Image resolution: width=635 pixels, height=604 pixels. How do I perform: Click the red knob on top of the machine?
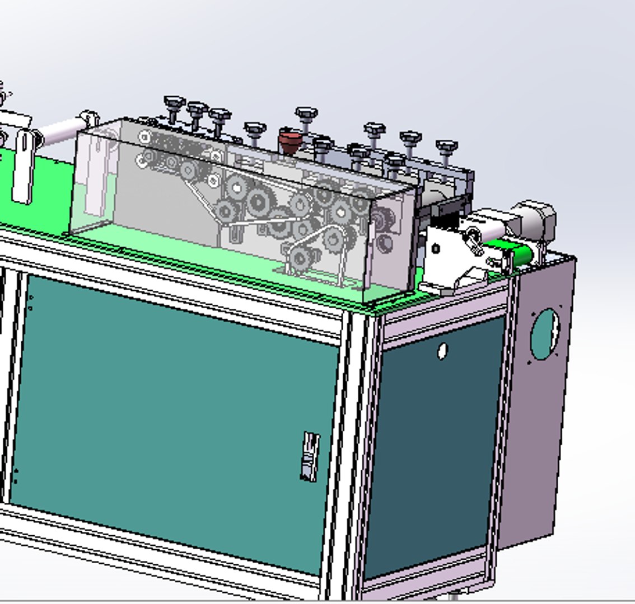click(x=289, y=141)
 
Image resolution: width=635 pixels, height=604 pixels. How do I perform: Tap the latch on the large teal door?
click(x=310, y=456)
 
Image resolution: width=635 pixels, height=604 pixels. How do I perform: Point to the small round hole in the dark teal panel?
click(x=442, y=351)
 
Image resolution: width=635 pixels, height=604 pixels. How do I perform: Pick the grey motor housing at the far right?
click(x=534, y=221)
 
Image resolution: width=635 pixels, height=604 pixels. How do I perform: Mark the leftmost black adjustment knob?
click(x=174, y=105)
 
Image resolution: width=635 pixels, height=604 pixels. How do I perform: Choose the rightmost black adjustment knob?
click(x=446, y=148)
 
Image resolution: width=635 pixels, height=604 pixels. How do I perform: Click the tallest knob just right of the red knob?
click(x=306, y=116)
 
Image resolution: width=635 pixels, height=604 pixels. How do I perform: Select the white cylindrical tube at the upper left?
click(x=58, y=132)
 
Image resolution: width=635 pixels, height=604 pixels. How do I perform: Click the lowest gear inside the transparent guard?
click(x=301, y=258)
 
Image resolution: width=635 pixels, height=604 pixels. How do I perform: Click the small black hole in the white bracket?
click(x=436, y=249)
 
